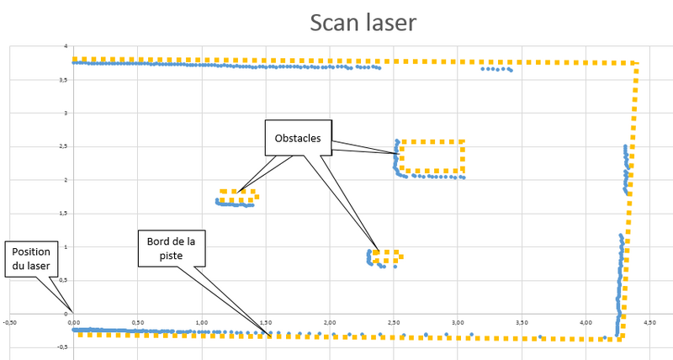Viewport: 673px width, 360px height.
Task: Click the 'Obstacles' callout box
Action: [298, 138]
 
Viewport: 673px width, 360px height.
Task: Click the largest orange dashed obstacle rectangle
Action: [432, 156]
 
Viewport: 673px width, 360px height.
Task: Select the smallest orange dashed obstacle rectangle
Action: [386, 257]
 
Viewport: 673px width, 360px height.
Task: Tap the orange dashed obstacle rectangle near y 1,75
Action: [237, 196]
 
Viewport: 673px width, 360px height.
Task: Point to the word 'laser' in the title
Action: [389, 23]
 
